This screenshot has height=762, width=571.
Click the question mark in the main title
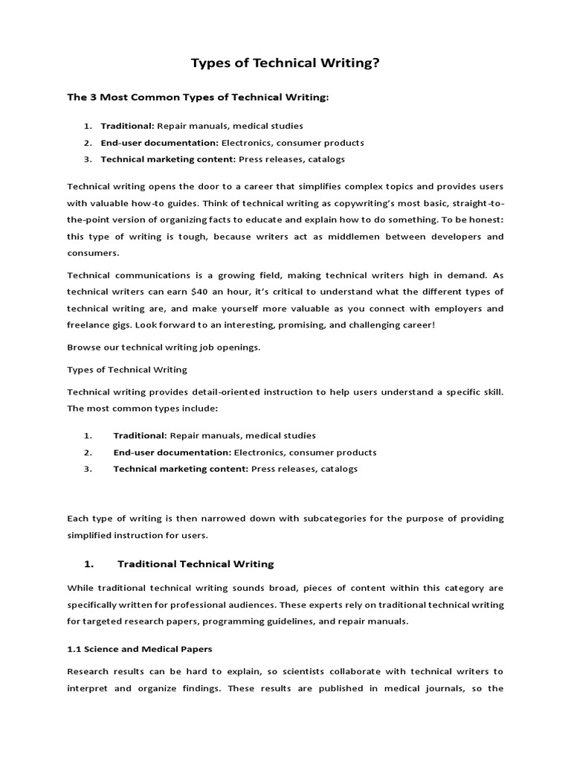[x=375, y=65]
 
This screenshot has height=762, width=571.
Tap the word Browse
[x=84, y=348]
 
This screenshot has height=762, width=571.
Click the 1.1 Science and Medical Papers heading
[x=140, y=649]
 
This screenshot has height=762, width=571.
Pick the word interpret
[x=88, y=688]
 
